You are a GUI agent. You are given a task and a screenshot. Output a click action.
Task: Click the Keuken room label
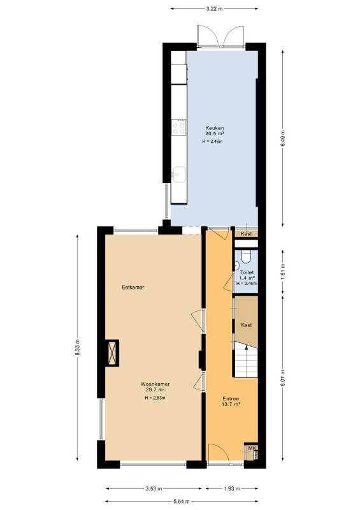click(x=214, y=128)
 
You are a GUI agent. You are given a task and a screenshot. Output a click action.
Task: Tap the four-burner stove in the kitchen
click(x=179, y=127)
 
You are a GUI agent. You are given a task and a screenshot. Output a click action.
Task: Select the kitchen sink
click(x=179, y=175)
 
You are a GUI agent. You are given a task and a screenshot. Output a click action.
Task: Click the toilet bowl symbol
click(x=246, y=257)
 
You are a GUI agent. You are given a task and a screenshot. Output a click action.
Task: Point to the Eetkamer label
click(x=133, y=288)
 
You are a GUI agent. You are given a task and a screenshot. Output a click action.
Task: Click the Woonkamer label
click(x=155, y=384)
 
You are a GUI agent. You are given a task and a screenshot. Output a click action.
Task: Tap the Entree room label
click(x=231, y=399)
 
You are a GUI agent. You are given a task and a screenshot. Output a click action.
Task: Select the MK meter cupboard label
click(x=252, y=448)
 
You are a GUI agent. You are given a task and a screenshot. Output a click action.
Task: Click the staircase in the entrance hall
click(x=246, y=360)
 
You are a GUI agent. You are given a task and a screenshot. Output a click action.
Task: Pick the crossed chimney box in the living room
click(x=113, y=353)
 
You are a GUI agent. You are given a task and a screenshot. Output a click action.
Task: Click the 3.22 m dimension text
click(x=214, y=9)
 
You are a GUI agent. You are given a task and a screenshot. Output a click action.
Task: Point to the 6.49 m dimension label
click(x=283, y=138)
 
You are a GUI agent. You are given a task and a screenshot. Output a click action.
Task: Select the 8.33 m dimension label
click(x=77, y=347)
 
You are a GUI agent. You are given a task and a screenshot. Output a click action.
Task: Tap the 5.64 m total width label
click(x=182, y=502)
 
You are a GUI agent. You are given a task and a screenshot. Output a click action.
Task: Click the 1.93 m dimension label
click(x=231, y=488)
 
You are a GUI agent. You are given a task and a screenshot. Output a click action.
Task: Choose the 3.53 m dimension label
click(x=154, y=488)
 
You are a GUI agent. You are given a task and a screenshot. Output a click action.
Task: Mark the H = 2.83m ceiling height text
click(x=155, y=398)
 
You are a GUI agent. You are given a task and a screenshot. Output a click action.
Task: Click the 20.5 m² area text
click(x=215, y=133)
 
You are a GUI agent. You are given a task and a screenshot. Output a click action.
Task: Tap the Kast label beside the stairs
click(x=247, y=325)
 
